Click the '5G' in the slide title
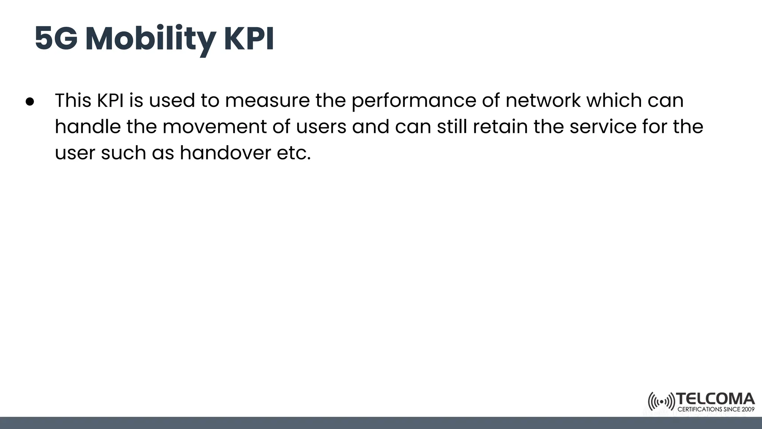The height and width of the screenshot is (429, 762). [x=56, y=39]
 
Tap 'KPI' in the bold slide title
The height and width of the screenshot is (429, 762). [x=249, y=39]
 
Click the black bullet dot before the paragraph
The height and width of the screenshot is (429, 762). [x=30, y=102]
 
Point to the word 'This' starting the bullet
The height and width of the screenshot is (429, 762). [x=73, y=100]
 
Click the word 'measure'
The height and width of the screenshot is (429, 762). [x=267, y=100]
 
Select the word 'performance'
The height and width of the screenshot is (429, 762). [x=413, y=101]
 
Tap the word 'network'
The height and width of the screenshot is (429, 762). [x=542, y=100]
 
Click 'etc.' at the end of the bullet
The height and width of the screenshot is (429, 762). [x=294, y=153]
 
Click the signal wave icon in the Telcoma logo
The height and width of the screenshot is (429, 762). [x=661, y=402]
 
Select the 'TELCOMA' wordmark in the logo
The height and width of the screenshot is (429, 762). [x=715, y=399]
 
